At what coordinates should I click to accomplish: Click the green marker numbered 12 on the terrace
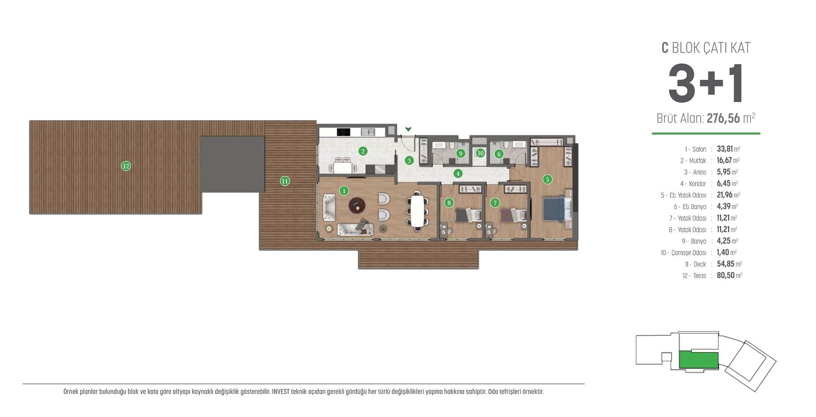click(x=126, y=166)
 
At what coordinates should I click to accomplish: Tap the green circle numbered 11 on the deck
click(x=285, y=181)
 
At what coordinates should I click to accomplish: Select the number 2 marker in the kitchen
click(x=363, y=151)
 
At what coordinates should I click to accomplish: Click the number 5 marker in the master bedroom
click(x=547, y=179)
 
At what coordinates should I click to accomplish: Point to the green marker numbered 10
click(x=480, y=153)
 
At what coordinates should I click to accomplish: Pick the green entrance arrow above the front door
click(x=408, y=129)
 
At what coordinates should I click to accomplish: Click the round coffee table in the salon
click(x=357, y=206)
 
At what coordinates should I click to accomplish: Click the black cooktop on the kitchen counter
click(x=343, y=132)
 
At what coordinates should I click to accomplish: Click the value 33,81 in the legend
click(x=725, y=149)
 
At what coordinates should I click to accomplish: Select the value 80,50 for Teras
click(x=725, y=276)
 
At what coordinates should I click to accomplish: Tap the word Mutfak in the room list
click(x=697, y=161)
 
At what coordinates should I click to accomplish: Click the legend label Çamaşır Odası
click(x=688, y=253)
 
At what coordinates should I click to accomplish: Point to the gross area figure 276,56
click(x=723, y=118)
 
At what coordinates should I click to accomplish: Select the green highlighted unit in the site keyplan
click(x=698, y=360)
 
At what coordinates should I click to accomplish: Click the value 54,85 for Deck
click(x=725, y=264)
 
